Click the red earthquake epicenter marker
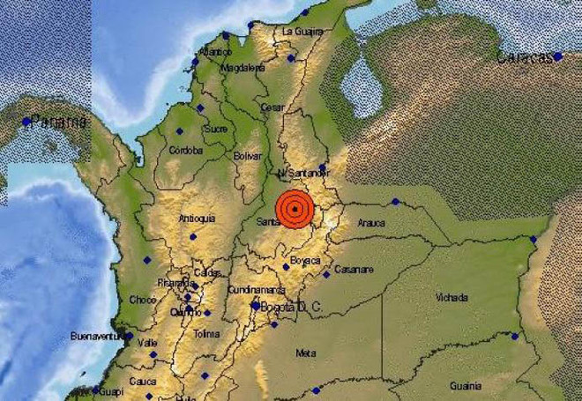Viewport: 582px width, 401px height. point(294,209)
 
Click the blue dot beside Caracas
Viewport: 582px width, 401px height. point(558,56)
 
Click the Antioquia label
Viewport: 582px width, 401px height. point(197,218)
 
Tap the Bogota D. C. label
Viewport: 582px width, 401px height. point(291,306)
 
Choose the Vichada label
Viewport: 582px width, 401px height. point(451,298)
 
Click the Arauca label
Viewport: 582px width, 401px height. point(371,225)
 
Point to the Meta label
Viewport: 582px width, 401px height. point(306,353)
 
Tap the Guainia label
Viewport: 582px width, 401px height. point(466,384)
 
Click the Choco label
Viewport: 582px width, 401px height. point(142,300)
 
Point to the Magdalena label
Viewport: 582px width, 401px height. point(242,67)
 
